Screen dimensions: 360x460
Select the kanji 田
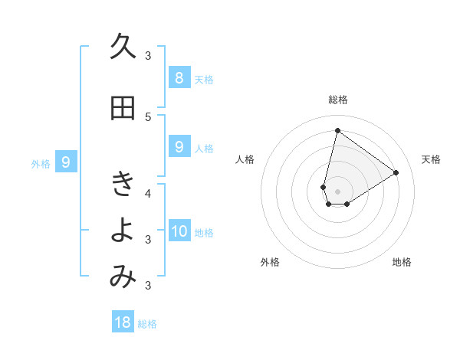pos(123,109)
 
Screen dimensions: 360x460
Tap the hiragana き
pos(123,184)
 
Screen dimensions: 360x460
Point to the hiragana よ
pos(123,231)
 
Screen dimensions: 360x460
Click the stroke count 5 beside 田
pos(148,117)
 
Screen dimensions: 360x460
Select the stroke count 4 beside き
pos(148,192)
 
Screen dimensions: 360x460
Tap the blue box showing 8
pos(179,77)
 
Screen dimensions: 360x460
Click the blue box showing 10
pos(179,231)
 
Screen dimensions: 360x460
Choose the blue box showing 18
pos(123,322)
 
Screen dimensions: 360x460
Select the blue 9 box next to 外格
pos(66,162)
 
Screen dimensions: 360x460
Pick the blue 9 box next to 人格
pos(179,147)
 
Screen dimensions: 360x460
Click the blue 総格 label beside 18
pos(147,324)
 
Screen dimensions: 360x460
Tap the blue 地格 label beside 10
pos(205,233)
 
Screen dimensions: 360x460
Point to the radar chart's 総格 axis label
pos(337,100)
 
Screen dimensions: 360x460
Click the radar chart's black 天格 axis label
pos(432,159)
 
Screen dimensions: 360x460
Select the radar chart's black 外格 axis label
pos(270,262)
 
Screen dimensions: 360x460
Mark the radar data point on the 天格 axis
pos(396,172)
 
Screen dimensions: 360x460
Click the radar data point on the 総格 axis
pos(337,130)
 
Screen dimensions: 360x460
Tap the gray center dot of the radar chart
pos(337,191)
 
